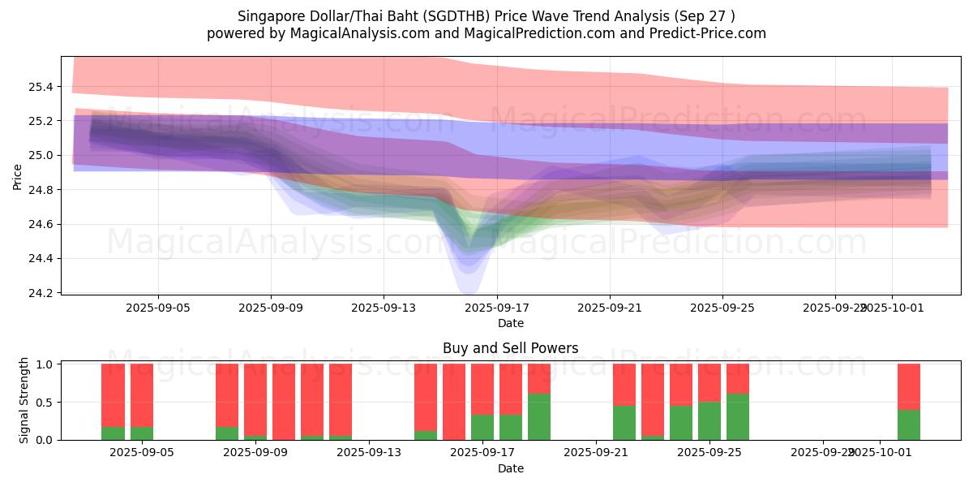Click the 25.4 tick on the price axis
(41, 87)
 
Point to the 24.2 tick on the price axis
(41, 293)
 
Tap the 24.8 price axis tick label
(41, 190)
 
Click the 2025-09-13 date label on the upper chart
(384, 308)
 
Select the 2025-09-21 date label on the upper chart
(610, 308)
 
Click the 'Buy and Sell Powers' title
(510, 348)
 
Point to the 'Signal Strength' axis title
(24, 400)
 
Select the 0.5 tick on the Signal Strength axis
(44, 403)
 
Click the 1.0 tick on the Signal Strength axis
(44, 364)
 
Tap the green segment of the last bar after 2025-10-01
(908, 425)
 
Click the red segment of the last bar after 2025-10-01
(908, 386)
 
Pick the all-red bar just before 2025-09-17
(454, 402)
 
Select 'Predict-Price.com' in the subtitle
(703, 33)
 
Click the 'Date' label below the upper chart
(510, 323)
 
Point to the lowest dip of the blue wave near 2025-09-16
(469, 287)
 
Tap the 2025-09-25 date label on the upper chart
(722, 308)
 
